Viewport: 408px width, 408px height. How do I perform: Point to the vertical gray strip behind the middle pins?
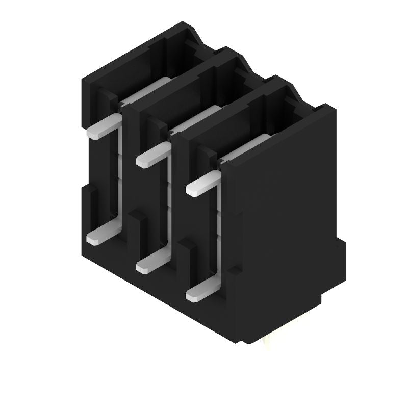(167, 199)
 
